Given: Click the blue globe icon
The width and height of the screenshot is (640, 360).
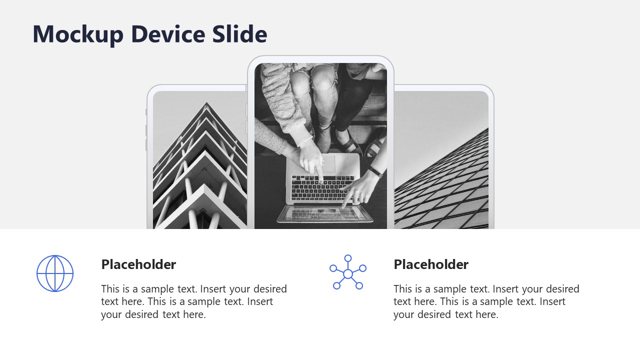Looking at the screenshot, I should point(55,273).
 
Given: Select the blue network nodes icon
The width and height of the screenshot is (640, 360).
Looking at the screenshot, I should point(348,272).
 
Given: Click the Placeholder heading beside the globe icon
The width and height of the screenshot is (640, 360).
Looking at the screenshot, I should point(138,264).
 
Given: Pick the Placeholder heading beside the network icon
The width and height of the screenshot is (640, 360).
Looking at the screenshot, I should point(431,264).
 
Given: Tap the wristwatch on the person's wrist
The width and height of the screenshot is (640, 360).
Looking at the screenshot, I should point(376,171).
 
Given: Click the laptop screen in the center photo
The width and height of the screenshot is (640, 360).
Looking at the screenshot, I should point(325,214).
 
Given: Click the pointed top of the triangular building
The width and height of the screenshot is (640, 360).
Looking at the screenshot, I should point(206,104).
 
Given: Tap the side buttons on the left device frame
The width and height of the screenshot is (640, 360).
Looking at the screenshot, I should point(147,131).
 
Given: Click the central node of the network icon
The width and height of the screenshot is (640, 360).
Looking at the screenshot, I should point(348,274).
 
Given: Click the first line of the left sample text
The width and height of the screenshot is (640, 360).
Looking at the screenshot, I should point(194,289).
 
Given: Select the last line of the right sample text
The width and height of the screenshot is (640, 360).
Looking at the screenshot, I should point(445,315).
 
